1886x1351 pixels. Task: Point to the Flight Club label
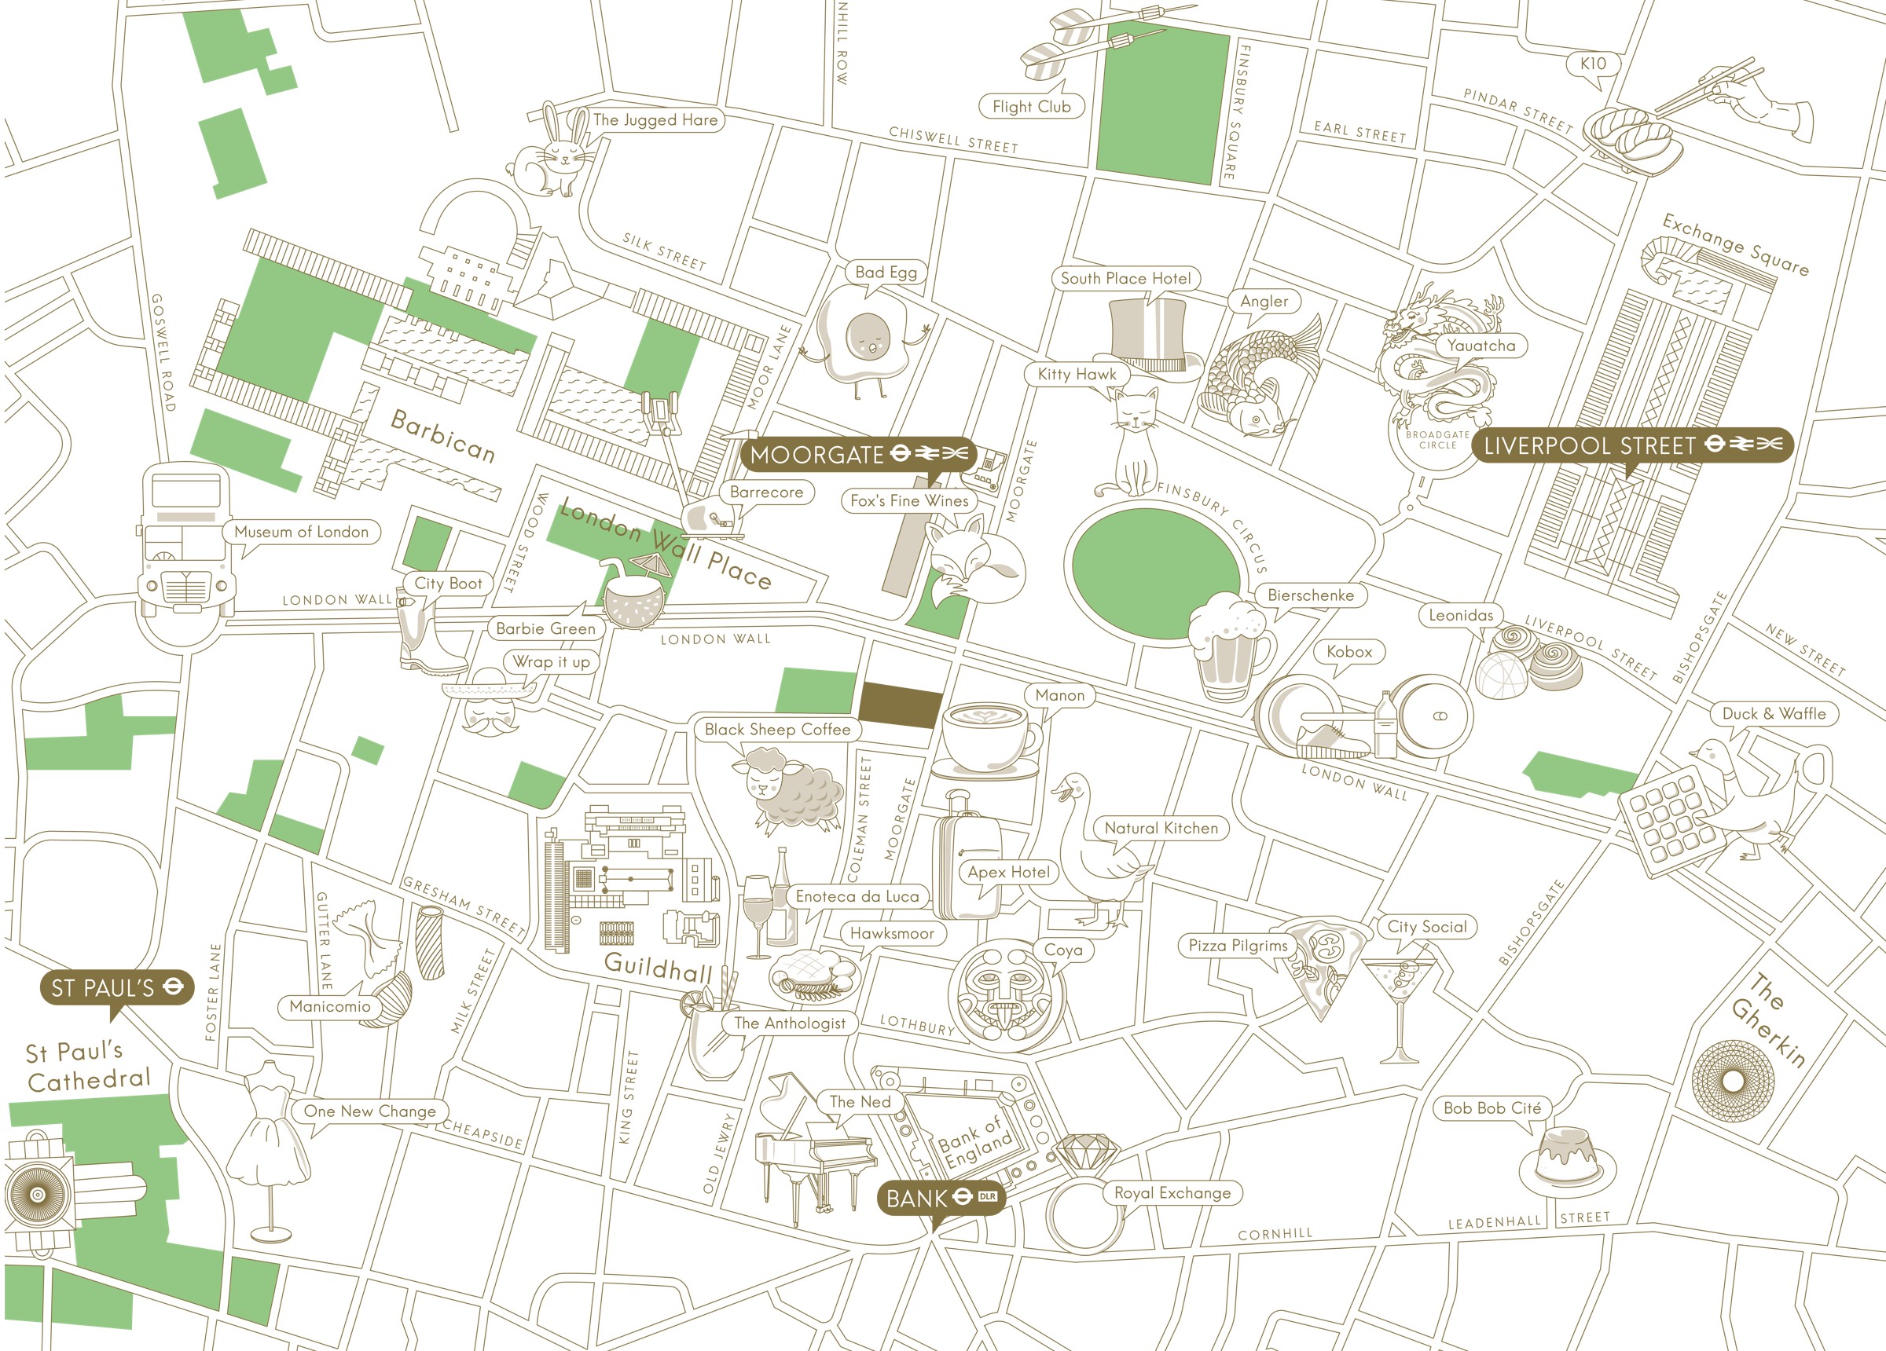[1031, 106]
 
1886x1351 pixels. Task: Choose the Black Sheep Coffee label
[776, 729]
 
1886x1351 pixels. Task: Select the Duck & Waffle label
[1774, 713]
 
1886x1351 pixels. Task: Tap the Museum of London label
[301, 532]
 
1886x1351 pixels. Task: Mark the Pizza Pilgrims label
[1238, 945]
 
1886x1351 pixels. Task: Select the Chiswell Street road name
[953, 140]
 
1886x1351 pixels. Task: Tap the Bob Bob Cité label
[1492, 1108]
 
